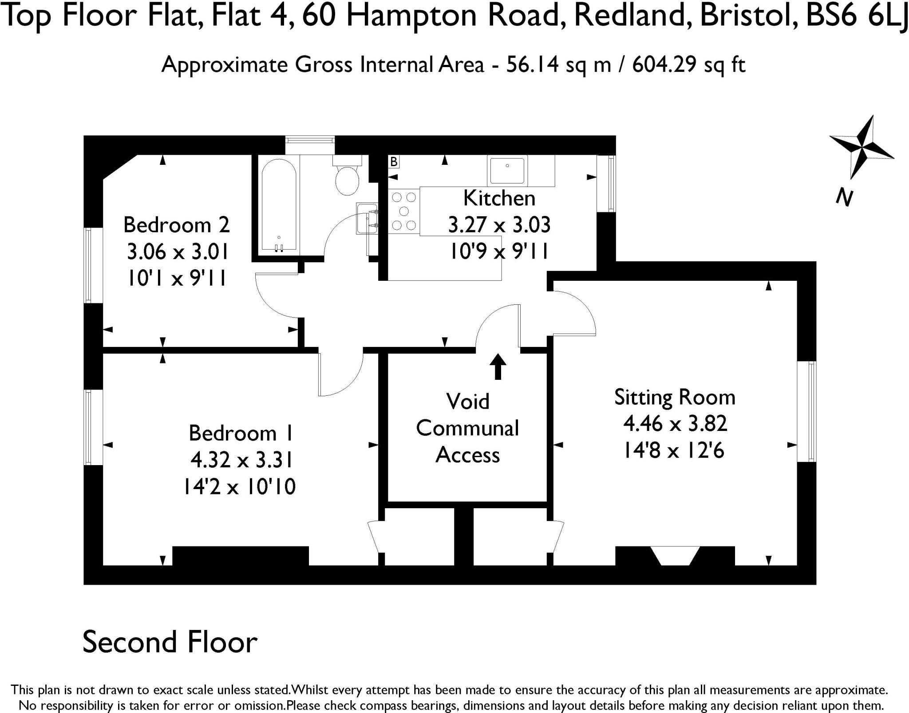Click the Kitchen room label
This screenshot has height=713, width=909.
click(499, 198)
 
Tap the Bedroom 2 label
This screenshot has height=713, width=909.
click(177, 225)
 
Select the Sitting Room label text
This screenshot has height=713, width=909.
click(675, 397)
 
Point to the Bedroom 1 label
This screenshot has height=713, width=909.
click(241, 433)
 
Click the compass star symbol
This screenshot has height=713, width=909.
click(862, 147)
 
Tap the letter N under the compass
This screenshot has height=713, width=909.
click(844, 197)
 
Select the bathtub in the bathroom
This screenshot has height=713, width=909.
click(279, 206)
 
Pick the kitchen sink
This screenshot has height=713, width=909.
click(507, 170)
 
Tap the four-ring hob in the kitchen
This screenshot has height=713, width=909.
click(404, 211)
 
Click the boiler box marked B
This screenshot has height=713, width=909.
click(394, 162)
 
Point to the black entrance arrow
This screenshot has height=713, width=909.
click(498, 366)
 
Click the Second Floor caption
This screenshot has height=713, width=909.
click(170, 642)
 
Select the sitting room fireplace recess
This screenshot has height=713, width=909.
click(675, 555)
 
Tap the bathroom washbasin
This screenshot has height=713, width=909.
click(367, 218)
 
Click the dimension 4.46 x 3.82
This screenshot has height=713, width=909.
click(675, 424)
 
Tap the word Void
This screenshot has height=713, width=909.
click(468, 402)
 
